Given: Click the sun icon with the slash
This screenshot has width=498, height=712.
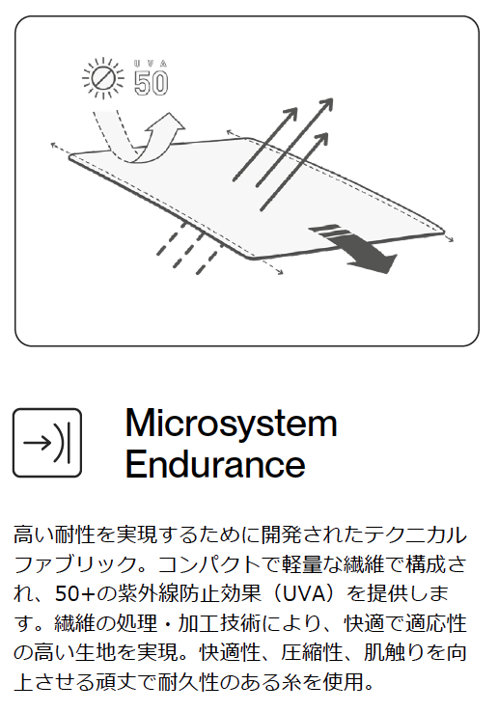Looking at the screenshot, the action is pos(103,78).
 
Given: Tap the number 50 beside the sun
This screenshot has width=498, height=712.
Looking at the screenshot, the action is pos(152,83).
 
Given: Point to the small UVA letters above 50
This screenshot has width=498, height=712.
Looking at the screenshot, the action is pos(151,64).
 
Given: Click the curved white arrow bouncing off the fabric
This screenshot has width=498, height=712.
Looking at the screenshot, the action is pos(141,136).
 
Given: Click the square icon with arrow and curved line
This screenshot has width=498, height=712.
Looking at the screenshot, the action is pos(47,443).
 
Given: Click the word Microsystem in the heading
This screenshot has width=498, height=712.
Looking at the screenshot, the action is pos(232,424).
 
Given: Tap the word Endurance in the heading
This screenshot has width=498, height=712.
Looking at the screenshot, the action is pos(215,464).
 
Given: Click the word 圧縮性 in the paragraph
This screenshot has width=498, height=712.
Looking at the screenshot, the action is pos(312,652).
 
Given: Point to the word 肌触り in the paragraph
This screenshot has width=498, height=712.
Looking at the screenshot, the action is pos(395,652).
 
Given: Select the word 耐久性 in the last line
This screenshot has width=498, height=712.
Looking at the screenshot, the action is pos(188,682).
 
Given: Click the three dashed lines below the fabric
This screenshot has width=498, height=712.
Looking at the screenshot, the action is pos(188,248).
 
